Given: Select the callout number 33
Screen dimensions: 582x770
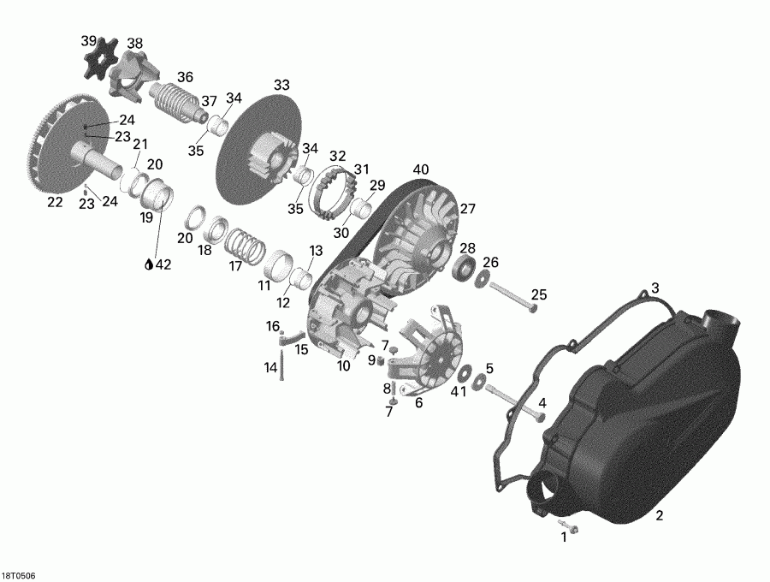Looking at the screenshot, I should [x=281, y=85].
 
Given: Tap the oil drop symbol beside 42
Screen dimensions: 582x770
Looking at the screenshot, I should [x=148, y=264].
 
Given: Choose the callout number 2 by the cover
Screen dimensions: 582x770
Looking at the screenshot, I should [x=659, y=515].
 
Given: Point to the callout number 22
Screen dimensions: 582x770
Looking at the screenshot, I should [x=56, y=202].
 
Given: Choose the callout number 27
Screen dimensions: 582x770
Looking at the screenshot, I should [x=467, y=209].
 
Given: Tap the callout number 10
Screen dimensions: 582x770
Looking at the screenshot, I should [x=343, y=365].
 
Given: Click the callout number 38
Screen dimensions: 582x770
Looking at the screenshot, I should [x=135, y=44].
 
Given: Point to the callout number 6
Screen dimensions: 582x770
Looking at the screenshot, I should [x=418, y=402].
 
